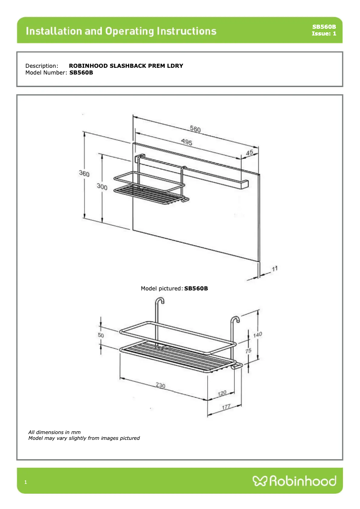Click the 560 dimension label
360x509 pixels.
pos(195,129)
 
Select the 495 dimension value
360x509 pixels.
pos(187,142)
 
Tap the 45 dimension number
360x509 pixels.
pos(250,153)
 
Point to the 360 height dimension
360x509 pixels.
pos(84,174)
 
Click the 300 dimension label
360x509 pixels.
pos(102,187)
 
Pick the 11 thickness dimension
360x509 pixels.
pos(275,268)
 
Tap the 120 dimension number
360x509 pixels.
pos(222,393)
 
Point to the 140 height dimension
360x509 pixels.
pos(258,334)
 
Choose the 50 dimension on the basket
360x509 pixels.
pos(101,335)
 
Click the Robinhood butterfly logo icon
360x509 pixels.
pos(260,481)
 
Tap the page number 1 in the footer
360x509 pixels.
pos(26,483)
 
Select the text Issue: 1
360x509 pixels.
pos(324,34)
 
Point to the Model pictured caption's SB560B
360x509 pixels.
pos(196,288)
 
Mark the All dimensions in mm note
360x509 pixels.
pos(54,432)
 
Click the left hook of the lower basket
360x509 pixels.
pos(158,303)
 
